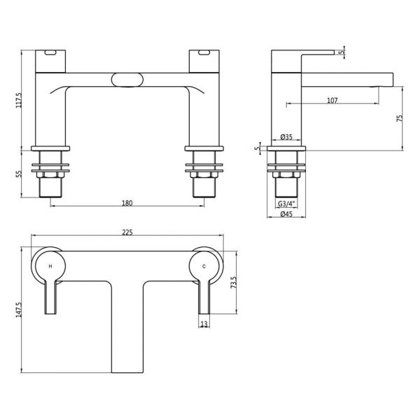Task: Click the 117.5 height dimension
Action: pyautogui.click(x=20, y=100)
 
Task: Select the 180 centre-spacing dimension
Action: pyautogui.click(x=127, y=203)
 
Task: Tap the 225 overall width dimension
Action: pyautogui.click(x=127, y=232)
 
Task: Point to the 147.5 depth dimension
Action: pyautogui.click(x=18, y=309)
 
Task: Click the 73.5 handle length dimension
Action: pyautogui.click(x=234, y=282)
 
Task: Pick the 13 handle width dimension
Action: pyautogui.click(x=204, y=324)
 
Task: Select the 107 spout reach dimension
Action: pyautogui.click(x=332, y=100)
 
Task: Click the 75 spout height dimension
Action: pyautogui.click(x=399, y=118)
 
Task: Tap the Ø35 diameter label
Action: pyautogui.click(x=286, y=137)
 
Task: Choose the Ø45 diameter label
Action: pyautogui.click(x=286, y=214)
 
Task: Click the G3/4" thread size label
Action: pyautogui.click(x=286, y=204)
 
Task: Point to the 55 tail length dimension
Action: pyautogui.click(x=19, y=174)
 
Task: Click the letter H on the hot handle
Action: pyautogui.click(x=50, y=266)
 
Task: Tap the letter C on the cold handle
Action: pyautogui.click(x=204, y=266)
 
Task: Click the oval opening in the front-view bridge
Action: pyautogui.click(x=127, y=80)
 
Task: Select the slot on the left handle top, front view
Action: pyautogui.click(x=50, y=52)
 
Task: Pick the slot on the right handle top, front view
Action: pyautogui.click(x=204, y=52)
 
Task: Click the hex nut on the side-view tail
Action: pyautogui.click(x=286, y=174)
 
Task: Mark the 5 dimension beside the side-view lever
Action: pyautogui.click(x=341, y=52)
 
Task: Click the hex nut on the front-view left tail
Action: pyautogui.click(x=50, y=174)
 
